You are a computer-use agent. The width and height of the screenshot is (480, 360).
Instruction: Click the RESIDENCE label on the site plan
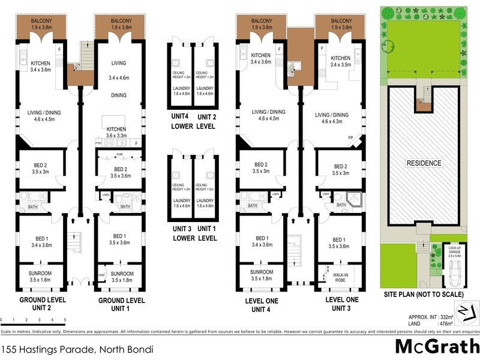424,163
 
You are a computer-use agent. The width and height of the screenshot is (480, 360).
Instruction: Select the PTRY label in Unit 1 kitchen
99,143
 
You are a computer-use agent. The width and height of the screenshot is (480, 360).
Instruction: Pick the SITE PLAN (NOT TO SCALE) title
424,295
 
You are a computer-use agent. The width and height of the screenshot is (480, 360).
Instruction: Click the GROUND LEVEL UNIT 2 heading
43,304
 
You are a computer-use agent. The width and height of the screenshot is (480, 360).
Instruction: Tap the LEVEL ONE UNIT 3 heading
341,304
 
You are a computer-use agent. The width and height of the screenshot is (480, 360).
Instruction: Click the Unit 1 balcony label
121,25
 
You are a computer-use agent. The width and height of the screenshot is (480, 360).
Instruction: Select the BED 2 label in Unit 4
261,169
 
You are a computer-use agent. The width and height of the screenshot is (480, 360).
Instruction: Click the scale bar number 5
65,320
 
